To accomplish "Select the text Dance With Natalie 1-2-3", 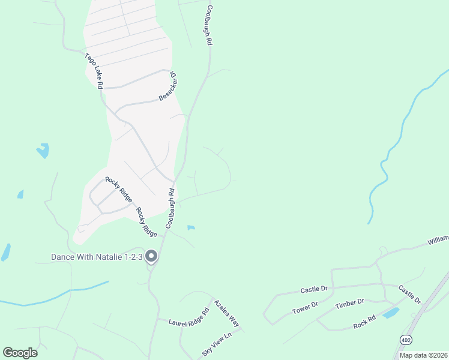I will pyautogui.click(x=96, y=257).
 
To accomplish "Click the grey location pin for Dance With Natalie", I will pyautogui.click(x=151, y=256).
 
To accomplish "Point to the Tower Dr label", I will pyautogui.click(x=306, y=307).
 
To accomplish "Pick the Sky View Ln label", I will pyautogui.click(x=217, y=344).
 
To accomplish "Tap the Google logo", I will pyautogui.click(x=20, y=353).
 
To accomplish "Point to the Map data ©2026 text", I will pyautogui.click(x=423, y=355).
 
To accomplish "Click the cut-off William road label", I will pyautogui.click(x=438, y=240).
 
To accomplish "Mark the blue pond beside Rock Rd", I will pyautogui.click(x=391, y=313).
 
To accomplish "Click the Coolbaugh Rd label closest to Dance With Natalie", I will pyautogui.click(x=170, y=208).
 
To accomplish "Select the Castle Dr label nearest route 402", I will pyautogui.click(x=410, y=294).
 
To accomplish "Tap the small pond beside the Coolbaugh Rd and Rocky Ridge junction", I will pyautogui.click(x=191, y=227).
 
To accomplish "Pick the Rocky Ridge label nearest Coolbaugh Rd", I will pyautogui.click(x=146, y=221).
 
